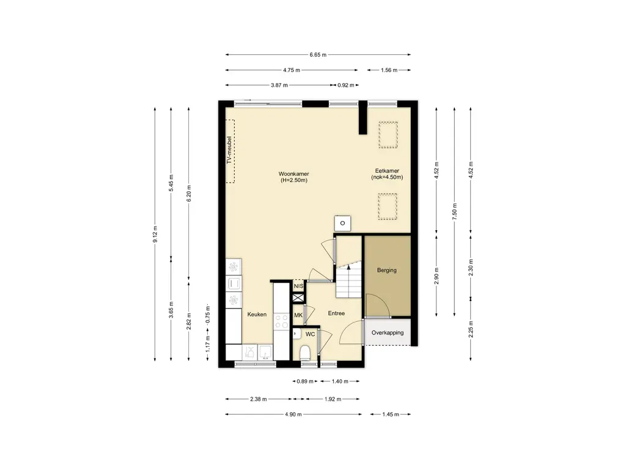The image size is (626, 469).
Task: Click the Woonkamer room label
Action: coord(293,174)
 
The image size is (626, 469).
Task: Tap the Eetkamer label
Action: coord(387,171)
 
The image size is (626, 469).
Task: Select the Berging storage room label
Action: coord(387,270)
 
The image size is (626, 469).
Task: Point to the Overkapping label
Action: coord(387,333)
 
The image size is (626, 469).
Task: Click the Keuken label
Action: coord(257,314)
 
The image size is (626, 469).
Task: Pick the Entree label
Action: coord(336,313)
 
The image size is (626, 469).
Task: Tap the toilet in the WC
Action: coord(305,352)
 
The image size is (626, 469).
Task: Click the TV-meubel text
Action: coord(229,150)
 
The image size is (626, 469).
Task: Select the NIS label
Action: coord(298,286)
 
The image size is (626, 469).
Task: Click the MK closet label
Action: coord(298,315)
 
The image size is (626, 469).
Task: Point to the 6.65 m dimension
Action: coord(318,54)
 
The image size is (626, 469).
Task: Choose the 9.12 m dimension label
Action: coord(155,234)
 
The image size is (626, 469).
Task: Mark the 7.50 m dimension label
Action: coord(454,211)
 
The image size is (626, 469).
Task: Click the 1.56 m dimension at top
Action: coord(389,70)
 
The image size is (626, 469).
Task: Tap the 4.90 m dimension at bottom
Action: coord(293,415)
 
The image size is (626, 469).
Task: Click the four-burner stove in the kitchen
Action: coord(281,321)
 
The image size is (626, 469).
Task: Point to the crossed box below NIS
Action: coord(298,297)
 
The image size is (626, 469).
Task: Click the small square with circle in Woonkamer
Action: coord(342,224)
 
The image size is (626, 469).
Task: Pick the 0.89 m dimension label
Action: coord(305,381)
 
